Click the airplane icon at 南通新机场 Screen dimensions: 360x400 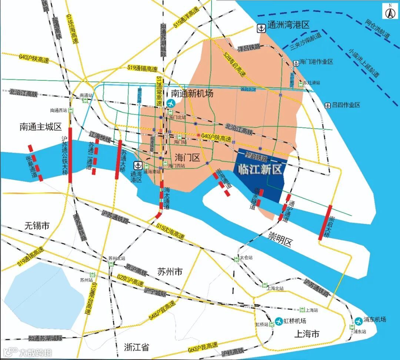pos(171,103)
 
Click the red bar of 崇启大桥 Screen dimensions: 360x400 pos(325,222)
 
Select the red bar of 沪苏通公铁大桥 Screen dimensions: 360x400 pos(70,159)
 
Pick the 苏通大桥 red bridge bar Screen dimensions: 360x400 pos(119,159)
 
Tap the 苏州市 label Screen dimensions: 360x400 pos(170,271)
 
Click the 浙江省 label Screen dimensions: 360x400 pos(136,347)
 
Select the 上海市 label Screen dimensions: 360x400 pos(306,334)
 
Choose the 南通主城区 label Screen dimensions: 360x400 pos(40,127)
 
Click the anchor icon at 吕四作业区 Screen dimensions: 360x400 pos(327,106)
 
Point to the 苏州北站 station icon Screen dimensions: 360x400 pos(111,264)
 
